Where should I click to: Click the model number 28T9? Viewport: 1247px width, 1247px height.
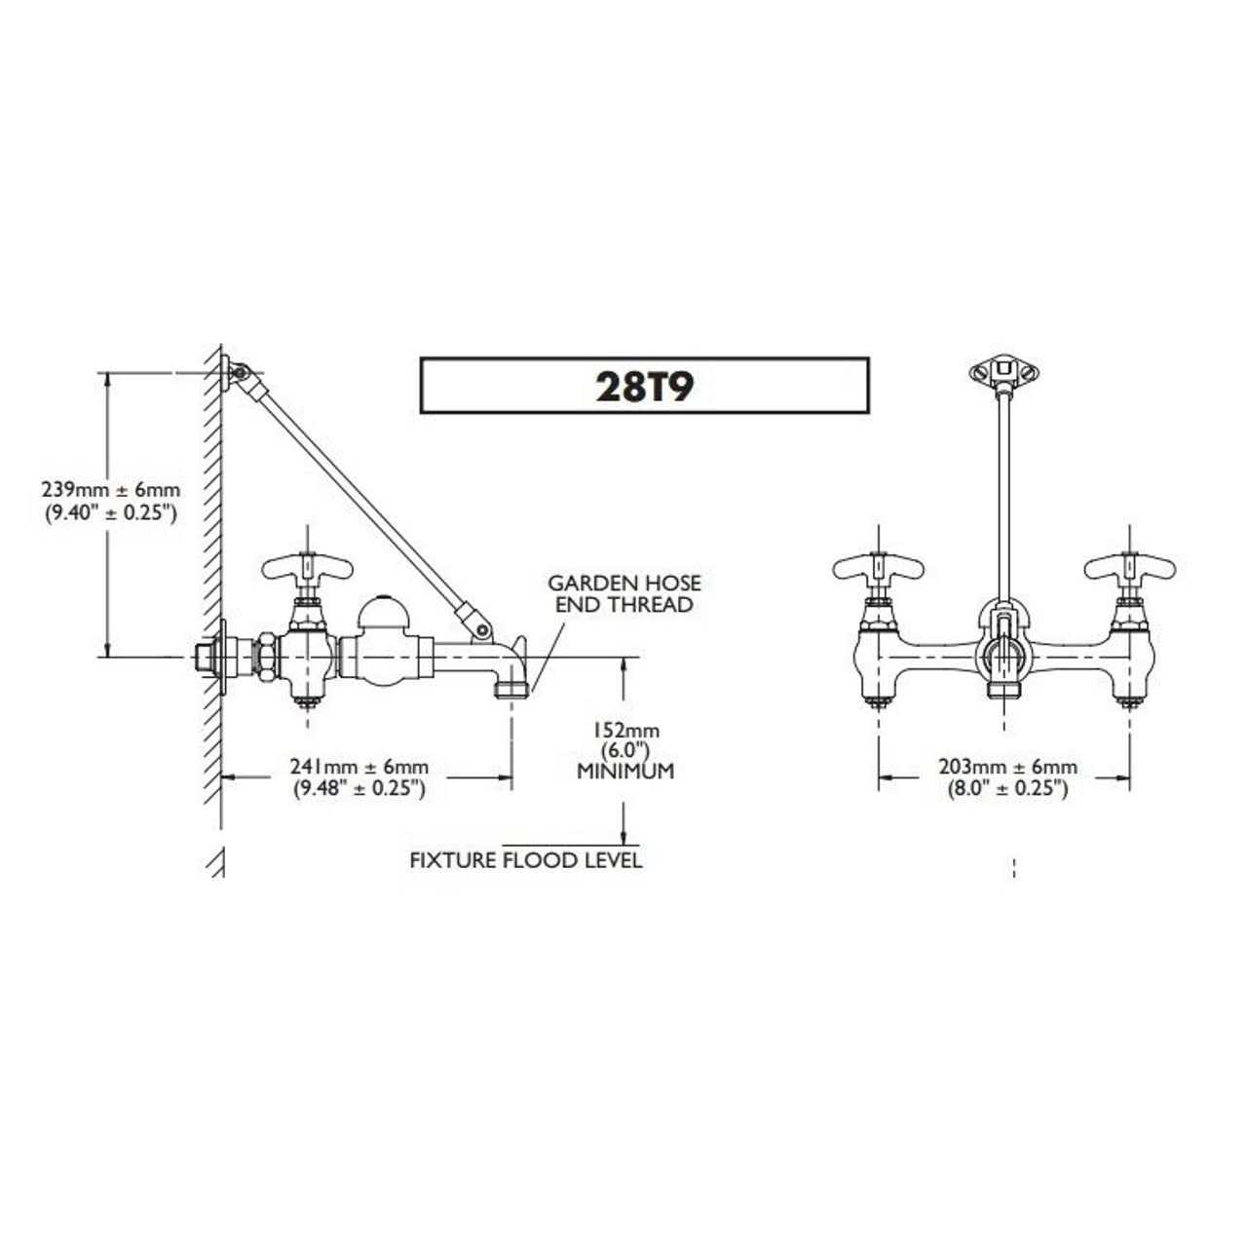tap(645, 387)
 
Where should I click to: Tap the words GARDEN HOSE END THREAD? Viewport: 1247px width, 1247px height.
tap(624, 593)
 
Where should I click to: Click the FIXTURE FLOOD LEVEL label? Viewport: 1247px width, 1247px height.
tap(526, 860)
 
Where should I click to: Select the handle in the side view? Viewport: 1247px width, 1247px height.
tap(308, 568)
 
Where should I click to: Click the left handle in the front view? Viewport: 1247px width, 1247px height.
tap(879, 568)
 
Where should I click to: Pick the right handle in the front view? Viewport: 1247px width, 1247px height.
tap(1130, 568)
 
